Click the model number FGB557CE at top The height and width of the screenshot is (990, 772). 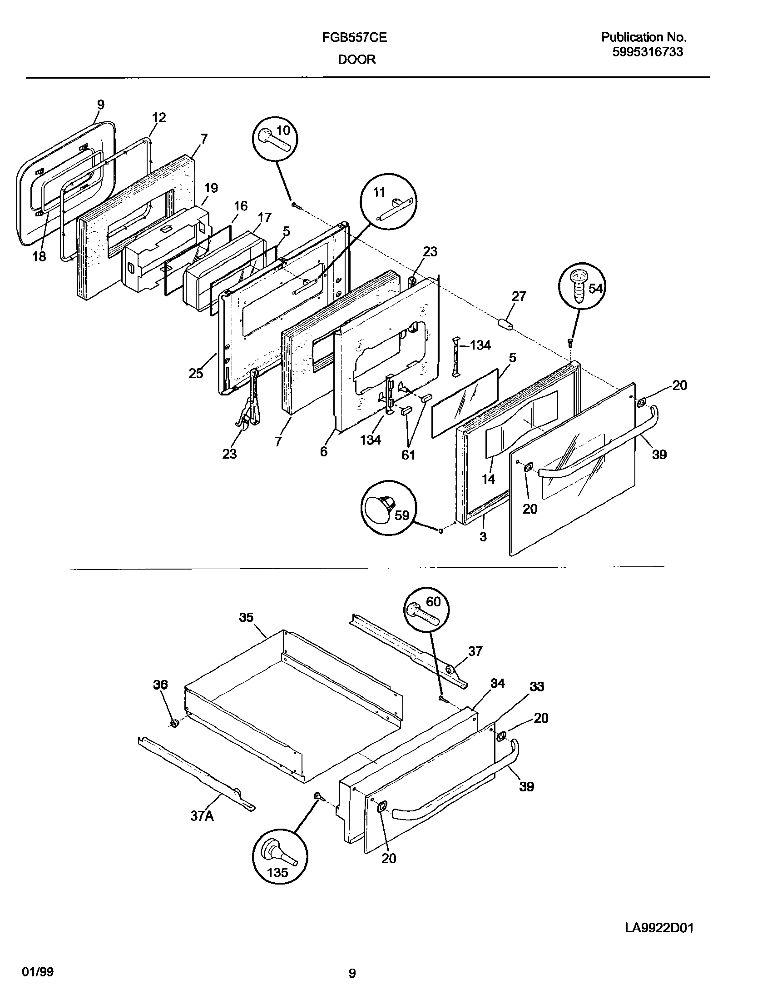[354, 38]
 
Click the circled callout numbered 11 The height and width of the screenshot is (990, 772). [388, 201]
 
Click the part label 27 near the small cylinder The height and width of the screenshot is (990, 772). [519, 296]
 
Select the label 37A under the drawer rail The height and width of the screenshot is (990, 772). [202, 816]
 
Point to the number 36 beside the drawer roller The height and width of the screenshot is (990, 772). [160, 685]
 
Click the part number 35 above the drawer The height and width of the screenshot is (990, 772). [246, 617]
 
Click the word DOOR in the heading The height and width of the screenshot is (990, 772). [356, 60]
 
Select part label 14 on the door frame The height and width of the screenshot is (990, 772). [488, 479]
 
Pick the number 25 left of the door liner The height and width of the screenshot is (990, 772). [196, 374]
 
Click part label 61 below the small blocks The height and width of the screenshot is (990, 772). [408, 455]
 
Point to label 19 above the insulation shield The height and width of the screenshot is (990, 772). [211, 188]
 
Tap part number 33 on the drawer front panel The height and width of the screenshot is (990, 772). [537, 686]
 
